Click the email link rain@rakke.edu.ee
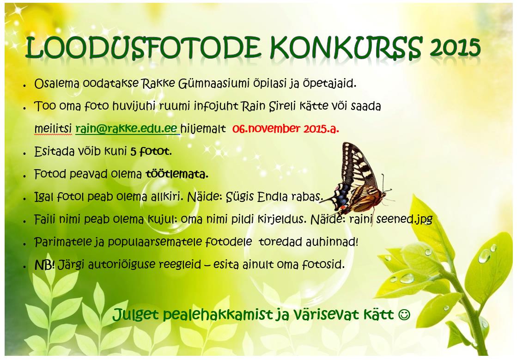127,128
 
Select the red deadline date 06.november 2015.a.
286,128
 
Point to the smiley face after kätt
404,314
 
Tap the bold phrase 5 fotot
151,151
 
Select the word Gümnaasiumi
213,84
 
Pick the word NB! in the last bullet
44,264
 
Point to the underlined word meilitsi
53,128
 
